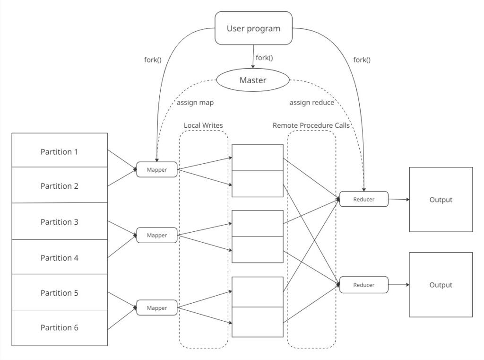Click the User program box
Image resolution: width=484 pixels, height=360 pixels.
[x=253, y=28]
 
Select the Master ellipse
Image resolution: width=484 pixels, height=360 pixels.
[x=253, y=80]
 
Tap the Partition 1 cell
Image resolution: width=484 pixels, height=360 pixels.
[x=60, y=150]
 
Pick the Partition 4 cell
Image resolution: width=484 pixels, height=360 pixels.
[x=60, y=257]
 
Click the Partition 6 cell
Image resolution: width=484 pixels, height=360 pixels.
[x=60, y=328]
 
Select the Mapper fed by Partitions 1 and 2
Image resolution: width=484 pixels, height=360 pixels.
[x=157, y=169]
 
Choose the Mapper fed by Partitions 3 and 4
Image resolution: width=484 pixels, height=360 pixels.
[x=157, y=235]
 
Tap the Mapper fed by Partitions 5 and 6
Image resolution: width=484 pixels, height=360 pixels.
[x=157, y=308]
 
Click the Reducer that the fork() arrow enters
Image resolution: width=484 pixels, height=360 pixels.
[x=363, y=199]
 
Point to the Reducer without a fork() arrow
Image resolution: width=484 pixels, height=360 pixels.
[x=363, y=285]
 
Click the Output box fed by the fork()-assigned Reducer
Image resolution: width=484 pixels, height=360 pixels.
[x=441, y=200]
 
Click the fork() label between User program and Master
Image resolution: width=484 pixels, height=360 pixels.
[x=264, y=58]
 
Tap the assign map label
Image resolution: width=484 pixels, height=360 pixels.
[x=195, y=102]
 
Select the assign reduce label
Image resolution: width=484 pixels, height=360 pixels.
[x=312, y=102]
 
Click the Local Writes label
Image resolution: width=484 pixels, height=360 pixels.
[x=203, y=125]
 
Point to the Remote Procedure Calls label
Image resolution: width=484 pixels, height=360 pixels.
[x=311, y=125]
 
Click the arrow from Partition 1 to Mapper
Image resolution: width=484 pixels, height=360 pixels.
[x=122, y=159]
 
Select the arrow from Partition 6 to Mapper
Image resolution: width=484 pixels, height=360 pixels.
[x=122, y=318]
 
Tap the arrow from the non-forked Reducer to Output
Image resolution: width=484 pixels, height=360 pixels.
[x=399, y=285]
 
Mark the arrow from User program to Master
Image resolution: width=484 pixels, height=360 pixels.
[x=253, y=57]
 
